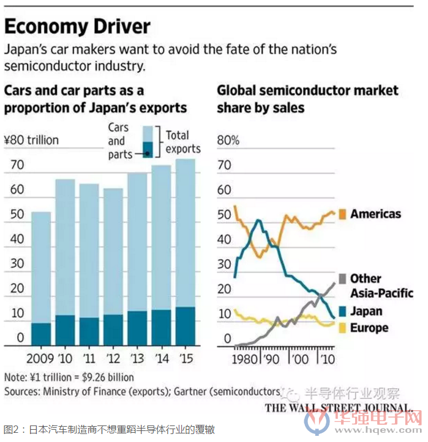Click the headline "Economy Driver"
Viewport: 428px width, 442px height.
[x=77, y=26]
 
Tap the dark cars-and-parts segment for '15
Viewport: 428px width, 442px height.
[x=186, y=325]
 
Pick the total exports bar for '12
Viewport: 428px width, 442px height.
[x=113, y=251]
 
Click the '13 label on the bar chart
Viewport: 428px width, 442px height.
[x=137, y=358]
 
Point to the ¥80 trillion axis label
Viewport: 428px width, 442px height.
[x=31, y=140]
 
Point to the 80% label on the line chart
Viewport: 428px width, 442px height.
[x=228, y=140]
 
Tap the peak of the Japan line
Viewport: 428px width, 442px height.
[x=258, y=220]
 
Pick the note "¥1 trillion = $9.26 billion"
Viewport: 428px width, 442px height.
[x=69, y=377]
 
